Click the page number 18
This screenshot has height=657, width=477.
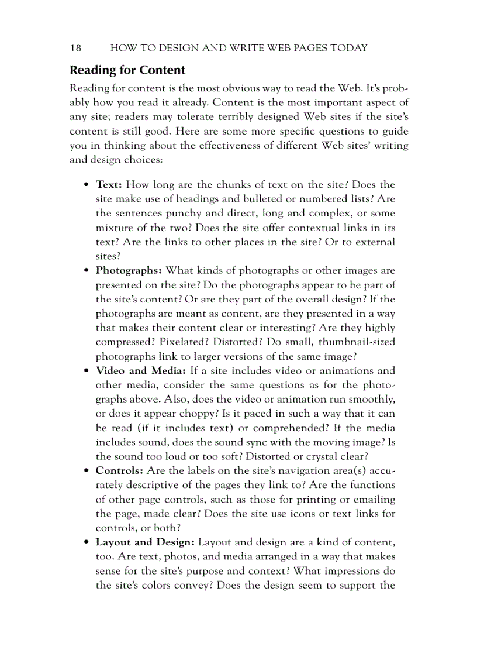(75, 48)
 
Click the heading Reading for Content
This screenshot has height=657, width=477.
(127, 70)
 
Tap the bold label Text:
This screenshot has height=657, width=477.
(109, 185)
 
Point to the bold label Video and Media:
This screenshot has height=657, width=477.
(140, 370)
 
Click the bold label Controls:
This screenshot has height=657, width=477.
(120, 470)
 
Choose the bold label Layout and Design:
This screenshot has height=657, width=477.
(145, 542)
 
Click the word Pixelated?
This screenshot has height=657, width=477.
(181, 342)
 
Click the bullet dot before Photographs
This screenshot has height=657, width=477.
(86, 271)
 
